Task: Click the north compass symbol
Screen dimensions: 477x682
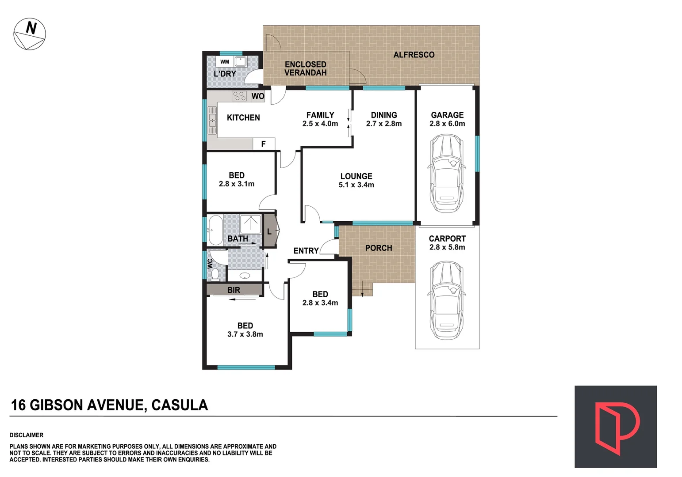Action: coord(30,34)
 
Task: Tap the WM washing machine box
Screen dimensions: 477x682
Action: coord(225,62)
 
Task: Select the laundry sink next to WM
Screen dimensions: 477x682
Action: coord(240,61)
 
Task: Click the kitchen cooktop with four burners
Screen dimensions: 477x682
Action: coord(239,96)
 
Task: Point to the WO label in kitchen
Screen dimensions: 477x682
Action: coord(258,96)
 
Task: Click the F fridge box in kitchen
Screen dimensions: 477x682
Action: coord(264,144)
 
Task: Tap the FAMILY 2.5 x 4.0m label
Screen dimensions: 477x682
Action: coord(320,119)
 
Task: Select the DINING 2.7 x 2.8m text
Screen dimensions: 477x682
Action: coord(383,119)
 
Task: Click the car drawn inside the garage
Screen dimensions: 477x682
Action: coord(447,173)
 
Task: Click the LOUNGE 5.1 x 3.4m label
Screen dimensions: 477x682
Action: coord(356,180)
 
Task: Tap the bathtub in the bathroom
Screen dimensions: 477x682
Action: coord(216,230)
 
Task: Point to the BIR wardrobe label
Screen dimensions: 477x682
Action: coord(234,290)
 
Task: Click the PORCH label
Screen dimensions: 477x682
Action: coord(379,248)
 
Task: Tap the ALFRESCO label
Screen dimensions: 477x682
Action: coord(414,55)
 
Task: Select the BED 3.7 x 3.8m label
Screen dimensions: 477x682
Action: coord(245,330)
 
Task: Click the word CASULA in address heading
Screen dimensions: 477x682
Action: coord(180,405)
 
